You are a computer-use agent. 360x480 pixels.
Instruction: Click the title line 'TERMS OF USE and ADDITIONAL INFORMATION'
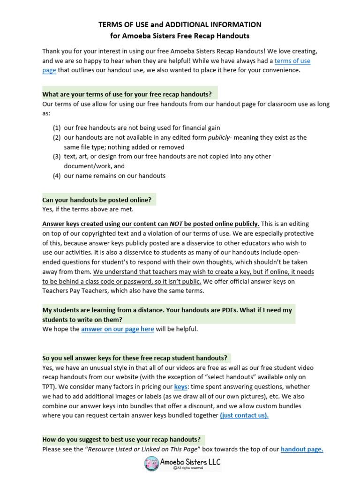click(180, 24)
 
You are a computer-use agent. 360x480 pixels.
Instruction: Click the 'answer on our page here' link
click(117, 329)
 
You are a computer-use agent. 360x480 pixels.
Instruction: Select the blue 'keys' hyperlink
click(180, 387)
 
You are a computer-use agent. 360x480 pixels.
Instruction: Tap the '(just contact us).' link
click(244, 415)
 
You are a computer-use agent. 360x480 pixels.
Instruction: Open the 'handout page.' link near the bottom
click(302, 449)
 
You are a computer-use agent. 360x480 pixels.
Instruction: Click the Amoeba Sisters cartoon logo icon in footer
click(152, 464)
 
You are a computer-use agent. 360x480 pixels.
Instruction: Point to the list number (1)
click(56, 127)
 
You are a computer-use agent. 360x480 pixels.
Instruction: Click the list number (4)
click(56, 176)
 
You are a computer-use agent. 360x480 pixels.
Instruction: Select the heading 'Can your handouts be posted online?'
click(97, 200)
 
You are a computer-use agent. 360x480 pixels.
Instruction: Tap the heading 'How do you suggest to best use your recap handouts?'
click(121, 439)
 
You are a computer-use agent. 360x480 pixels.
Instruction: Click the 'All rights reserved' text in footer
click(189, 468)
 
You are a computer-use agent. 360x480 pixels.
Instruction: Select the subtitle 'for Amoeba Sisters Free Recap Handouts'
click(180, 36)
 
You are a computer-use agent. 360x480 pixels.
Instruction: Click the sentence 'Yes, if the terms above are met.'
click(88, 209)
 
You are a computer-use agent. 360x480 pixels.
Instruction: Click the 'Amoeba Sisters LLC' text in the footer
click(190, 461)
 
